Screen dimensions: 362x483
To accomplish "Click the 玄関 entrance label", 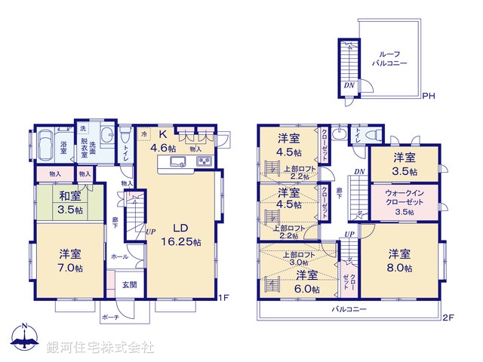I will coord(130,285).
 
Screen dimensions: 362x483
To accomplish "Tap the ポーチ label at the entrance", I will coord(112,318).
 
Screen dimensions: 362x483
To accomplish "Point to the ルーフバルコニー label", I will coord(389,59).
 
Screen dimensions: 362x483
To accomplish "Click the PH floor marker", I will coord(428,96).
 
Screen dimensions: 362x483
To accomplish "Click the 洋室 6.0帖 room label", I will coord(306,281).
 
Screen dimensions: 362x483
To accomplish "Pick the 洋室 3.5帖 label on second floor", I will coord(403,164).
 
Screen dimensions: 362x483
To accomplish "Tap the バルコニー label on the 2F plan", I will coord(348,310).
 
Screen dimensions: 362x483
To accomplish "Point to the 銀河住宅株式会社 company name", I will coord(100,347).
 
